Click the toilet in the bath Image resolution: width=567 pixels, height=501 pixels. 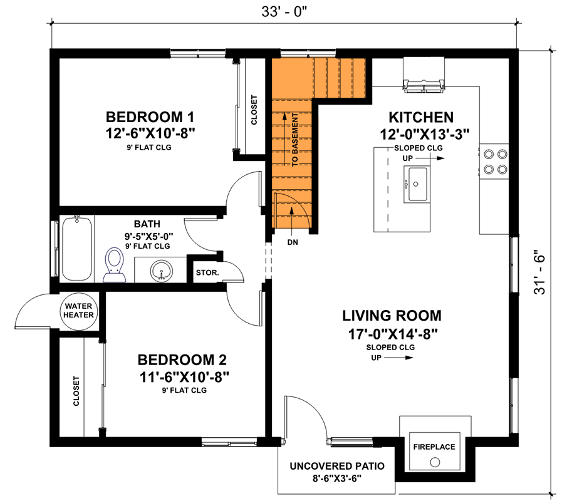pyautogui.click(x=115, y=262)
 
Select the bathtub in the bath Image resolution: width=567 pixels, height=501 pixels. pyautogui.click(x=78, y=249)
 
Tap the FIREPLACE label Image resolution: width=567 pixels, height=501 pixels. pyautogui.click(x=434, y=447)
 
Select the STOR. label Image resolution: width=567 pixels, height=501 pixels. pyautogui.click(x=207, y=273)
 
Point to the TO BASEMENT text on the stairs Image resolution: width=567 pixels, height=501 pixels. pyautogui.click(x=294, y=140)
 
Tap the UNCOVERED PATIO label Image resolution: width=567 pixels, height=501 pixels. pyautogui.click(x=336, y=467)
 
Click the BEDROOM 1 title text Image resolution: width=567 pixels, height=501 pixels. pyautogui.click(x=150, y=117)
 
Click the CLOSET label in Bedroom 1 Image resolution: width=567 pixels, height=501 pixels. pyautogui.click(x=254, y=110)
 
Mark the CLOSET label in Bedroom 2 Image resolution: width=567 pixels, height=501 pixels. pyautogui.click(x=76, y=391)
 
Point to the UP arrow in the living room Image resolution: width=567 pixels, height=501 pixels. pyautogui.click(x=391, y=358)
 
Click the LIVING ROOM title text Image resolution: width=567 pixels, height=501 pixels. pyautogui.click(x=392, y=315)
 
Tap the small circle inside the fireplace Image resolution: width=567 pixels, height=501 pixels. pyautogui.click(x=434, y=463)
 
